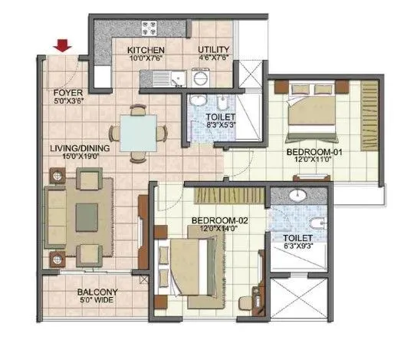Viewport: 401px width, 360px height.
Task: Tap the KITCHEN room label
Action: coord(145,51)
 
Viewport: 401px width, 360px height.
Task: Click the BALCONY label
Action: coord(97,292)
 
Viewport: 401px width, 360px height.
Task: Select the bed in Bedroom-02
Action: coord(191,265)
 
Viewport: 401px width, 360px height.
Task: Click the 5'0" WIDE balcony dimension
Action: coord(97,302)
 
